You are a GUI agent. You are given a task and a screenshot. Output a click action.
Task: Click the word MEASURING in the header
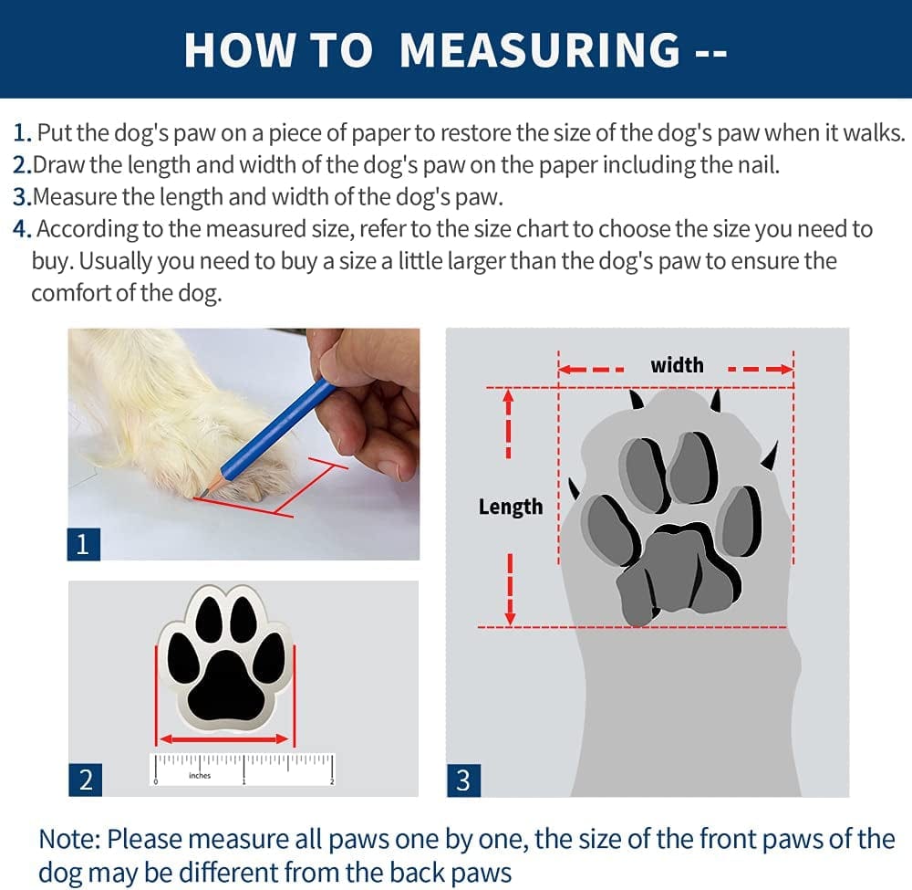pyautogui.click(x=540, y=50)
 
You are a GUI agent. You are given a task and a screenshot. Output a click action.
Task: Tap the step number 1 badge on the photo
pyautogui.click(x=83, y=544)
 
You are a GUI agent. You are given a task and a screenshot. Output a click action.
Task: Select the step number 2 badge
pyautogui.click(x=85, y=780)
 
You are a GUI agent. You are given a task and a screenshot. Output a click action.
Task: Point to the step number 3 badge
pyautogui.click(x=463, y=780)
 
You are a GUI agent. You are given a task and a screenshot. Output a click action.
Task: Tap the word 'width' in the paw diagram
pyautogui.click(x=677, y=365)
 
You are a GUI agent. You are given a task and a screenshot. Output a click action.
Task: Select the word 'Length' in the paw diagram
pyautogui.click(x=511, y=507)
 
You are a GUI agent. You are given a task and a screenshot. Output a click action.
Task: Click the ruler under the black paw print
pyautogui.click(x=244, y=770)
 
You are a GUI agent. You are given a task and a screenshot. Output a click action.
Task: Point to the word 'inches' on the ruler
pyautogui.click(x=200, y=775)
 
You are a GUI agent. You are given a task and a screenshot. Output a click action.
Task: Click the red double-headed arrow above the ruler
pyautogui.click(x=224, y=739)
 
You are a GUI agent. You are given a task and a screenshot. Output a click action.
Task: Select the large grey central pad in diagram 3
pyautogui.click(x=678, y=575)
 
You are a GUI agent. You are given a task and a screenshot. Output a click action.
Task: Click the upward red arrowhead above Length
pyautogui.click(x=508, y=395)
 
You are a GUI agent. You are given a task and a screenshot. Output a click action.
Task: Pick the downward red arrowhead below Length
pyautogui.click(x=510, y=618)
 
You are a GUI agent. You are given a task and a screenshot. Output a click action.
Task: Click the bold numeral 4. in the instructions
pyautogui.click(x=22, y=229)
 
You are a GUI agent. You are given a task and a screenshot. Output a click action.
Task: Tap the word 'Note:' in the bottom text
pyautogui.click(x=70, y=840)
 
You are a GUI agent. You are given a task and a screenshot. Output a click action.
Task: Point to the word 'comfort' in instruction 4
pyautogui.click(x=71, y=293)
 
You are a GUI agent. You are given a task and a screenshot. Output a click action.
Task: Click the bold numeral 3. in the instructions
pyautogui.click(x=22, y=197)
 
